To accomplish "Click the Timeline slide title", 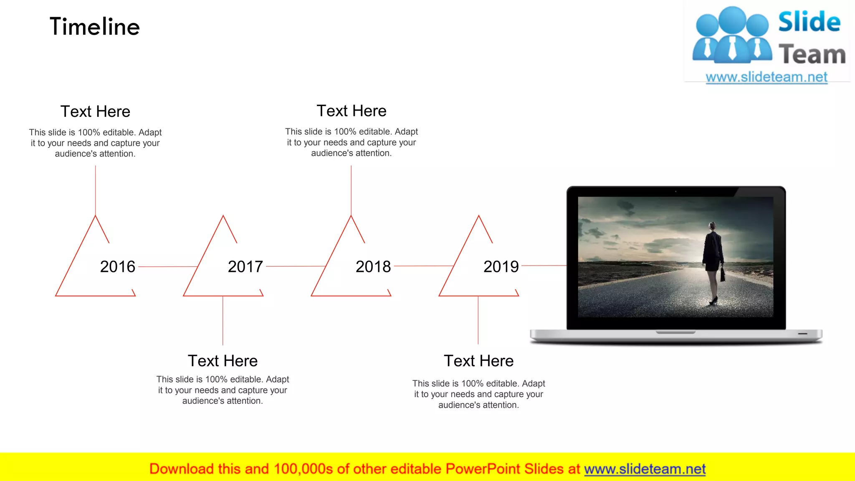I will click(95, 27).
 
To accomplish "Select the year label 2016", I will click(118, 267).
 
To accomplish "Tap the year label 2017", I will click(245, 267).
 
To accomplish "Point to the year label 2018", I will click(373, 267).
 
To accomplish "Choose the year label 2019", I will click(501, 267).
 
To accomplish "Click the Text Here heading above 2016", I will click(95, 111).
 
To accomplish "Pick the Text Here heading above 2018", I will click(352, 111).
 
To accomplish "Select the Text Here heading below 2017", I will click(223, 361).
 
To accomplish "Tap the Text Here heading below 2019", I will click(479, 361).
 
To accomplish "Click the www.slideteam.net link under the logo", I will click(766, 77).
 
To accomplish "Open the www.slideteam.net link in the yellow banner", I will click(645, 469).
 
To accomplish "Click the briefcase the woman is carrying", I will click(723, 274).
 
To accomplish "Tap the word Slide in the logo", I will click(809, 22).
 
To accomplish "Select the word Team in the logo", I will click(812, 55).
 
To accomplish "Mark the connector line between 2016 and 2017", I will click(167, 266).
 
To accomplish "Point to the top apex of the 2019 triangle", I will click(479, 216).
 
